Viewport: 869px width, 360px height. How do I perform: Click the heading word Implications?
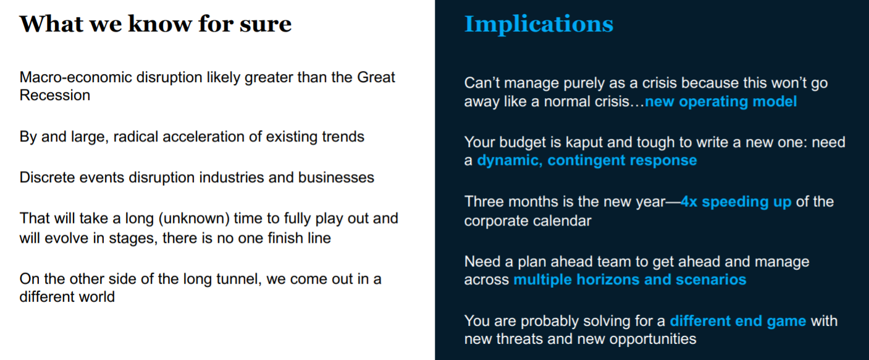tap(539, 25)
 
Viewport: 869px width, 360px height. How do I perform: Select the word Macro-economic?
tap(75, 77)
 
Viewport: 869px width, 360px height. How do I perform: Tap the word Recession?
tap(55, 95)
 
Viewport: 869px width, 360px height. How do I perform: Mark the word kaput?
tap(584, 143)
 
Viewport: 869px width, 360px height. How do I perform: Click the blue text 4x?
tap(689, 202)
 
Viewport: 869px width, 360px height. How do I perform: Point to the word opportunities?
tap(653, 339)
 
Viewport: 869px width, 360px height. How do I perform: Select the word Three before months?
tap(484, 202)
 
